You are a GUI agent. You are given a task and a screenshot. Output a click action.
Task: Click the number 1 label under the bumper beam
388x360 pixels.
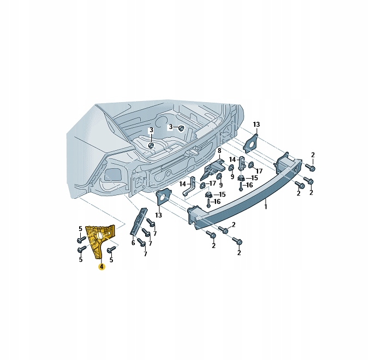click(266, 206)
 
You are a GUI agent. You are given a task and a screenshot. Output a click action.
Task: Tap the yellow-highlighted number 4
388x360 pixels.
click(102, 267)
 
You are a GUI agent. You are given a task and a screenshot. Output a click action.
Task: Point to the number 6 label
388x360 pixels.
click(133, 243)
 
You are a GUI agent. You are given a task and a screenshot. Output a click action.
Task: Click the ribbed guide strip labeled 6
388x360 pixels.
click(138, 221)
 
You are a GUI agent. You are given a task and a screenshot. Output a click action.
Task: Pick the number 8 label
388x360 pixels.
click(219, 151)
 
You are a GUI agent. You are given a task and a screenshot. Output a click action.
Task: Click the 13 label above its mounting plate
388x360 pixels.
click(256, 125)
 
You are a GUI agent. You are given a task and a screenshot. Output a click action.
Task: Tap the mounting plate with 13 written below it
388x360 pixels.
click(163, 197)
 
